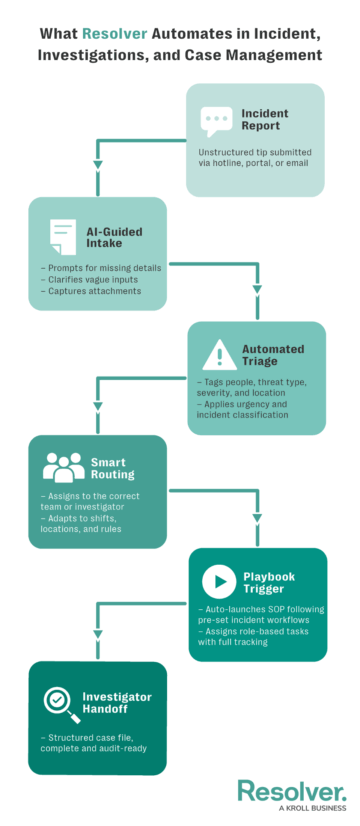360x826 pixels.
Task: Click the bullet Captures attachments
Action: (x=93, y=291)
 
